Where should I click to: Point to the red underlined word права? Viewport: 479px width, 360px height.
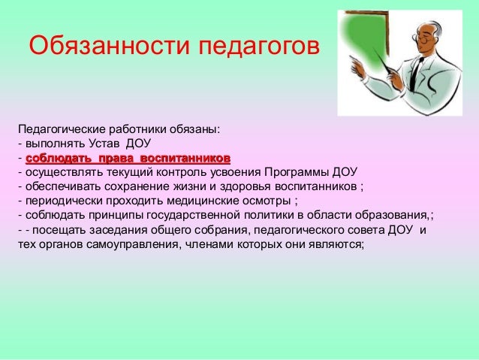coord(113,158)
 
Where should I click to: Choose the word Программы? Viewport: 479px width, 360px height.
coord(303,172)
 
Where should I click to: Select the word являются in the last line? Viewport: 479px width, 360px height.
coord(336,244)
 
